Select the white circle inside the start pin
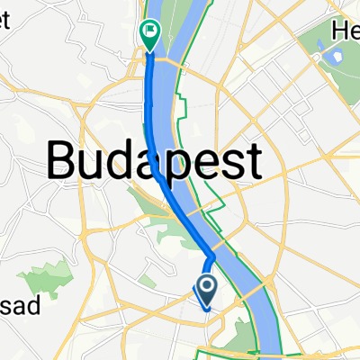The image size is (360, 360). pos(206,288)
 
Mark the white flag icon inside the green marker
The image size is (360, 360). pos(149,31)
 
